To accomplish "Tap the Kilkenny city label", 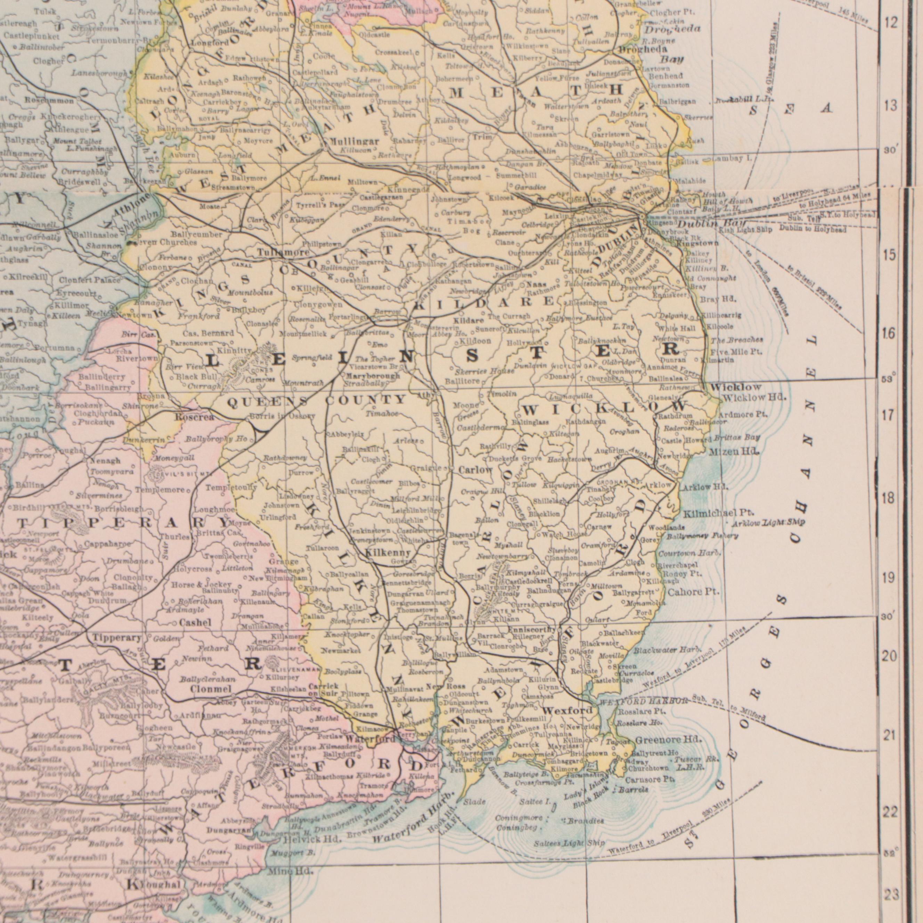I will point(387,553).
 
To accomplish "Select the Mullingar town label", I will point(354,142).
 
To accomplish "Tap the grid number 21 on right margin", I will point(889,736).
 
